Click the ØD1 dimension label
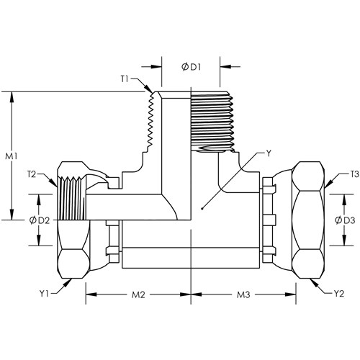(x=191, y=67)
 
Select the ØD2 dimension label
(x=40, y=220)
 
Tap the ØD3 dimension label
(x=345, y=220)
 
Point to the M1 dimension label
(x=12, y=156)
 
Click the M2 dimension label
(x=138, y=294)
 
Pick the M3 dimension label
(x=243, y=294)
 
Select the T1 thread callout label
(x=125, y=78)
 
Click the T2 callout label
(x=32, y=174)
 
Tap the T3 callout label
(x=354, y=174)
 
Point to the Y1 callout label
(x=44, y=293)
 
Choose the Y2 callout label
(x=339, y=293)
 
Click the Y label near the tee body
(x=269, y=153)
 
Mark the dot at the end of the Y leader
(x=202, y=208)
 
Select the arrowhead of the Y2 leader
(x=314, y=283)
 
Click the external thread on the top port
(x=212, y=122)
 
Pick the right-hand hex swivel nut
(x=309, y=220)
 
